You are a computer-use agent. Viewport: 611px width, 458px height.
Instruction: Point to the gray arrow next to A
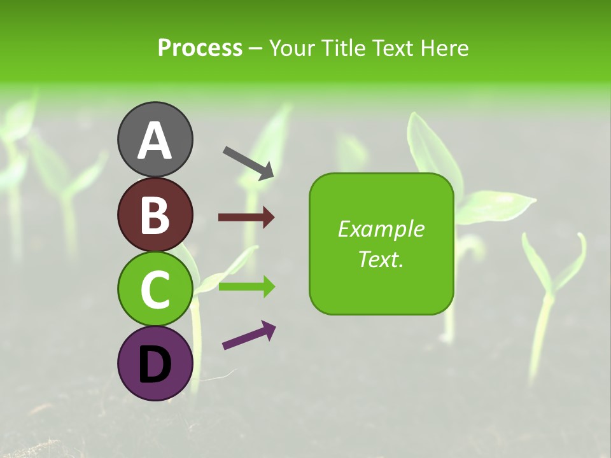(x=249, y=163)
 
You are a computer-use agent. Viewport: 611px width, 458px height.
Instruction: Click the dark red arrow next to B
(x=246, y=218)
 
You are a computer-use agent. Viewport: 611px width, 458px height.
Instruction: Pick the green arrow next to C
(x=246, y=287)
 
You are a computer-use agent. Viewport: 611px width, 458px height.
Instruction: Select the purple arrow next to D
(x=249, y=335)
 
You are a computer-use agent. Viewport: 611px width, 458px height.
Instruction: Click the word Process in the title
(x=200, y=48)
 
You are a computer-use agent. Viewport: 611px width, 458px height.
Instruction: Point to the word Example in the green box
(x=381, y=229)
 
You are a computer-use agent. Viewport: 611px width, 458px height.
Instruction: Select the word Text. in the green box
(x=381, y=259)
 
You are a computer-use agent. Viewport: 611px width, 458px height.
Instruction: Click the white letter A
(x=155, y=141)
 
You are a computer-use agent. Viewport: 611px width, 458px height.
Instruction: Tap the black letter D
(x=155, y=364)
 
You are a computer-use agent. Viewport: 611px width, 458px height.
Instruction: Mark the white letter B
(x=155, y=215)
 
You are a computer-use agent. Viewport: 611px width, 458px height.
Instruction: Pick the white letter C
(x=155, y=290)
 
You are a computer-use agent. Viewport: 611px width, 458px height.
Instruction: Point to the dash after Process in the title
(x=256, y=48)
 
